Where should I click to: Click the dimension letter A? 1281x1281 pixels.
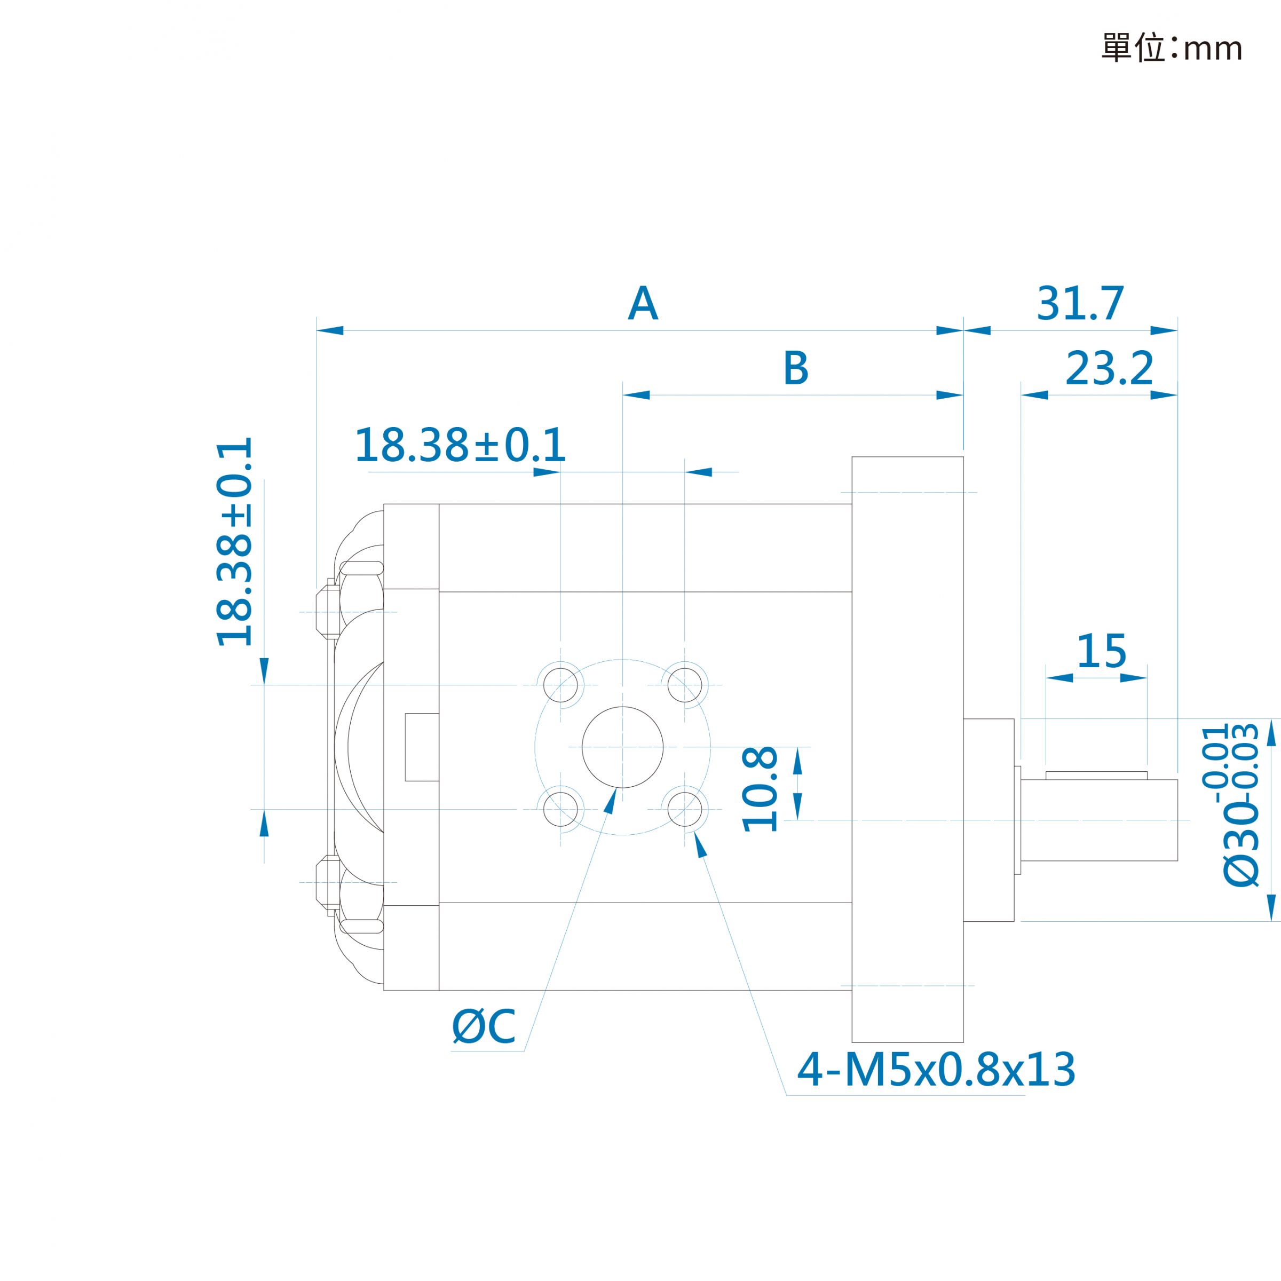point(643,304)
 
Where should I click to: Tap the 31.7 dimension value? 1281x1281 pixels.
point(1080,304)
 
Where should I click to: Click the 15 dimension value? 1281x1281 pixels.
point(1101,651)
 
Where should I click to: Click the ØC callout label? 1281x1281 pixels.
point(484,1026)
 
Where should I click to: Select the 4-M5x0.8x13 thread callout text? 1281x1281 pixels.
point(936,1070)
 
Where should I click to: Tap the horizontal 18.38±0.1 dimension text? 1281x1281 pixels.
point(460,445)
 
